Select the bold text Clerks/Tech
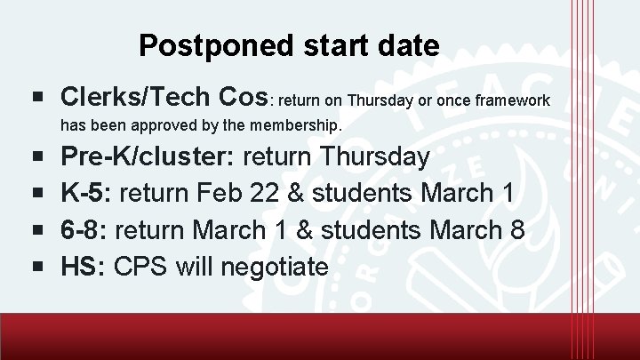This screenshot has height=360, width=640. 136,96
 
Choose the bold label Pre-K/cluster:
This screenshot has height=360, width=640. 147,158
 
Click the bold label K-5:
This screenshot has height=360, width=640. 86,194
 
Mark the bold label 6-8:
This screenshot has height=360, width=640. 86,230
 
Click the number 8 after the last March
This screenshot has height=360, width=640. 518,230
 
